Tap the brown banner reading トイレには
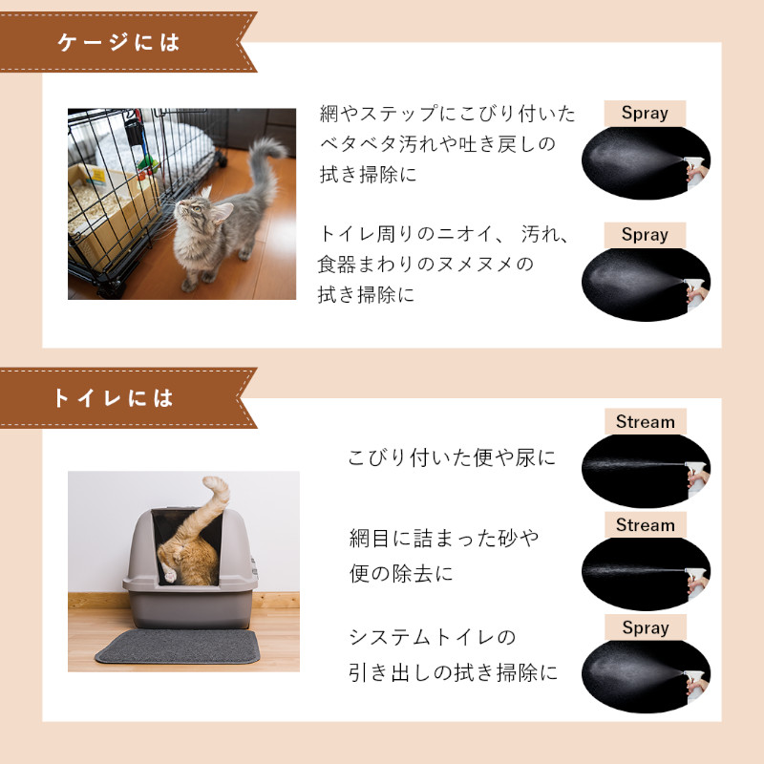click(115, 397)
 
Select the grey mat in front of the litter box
click(177, 647)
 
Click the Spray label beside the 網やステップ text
click(645, 113)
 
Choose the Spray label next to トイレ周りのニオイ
click(645, 235)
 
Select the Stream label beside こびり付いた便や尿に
click(645, 422)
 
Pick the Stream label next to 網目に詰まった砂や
click(645, 525)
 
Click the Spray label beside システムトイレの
click(645, 628)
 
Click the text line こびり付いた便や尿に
click(452, 458)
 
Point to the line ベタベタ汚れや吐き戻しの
click(437, 144)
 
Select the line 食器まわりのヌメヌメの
click(426, 265)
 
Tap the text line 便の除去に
click(401, 574)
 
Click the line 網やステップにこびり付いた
click(448, 114)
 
